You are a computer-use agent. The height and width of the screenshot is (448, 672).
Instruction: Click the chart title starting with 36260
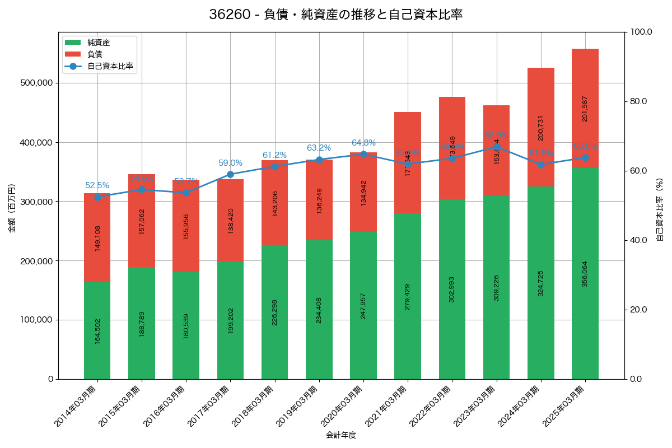click(x=335, y=15)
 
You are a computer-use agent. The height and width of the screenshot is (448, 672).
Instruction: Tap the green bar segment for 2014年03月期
click(x=97, y=330)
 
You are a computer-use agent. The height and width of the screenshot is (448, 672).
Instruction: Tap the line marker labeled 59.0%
click(x=230, y=174)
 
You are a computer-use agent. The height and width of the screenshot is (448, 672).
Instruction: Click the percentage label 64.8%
click(x=363, y=143)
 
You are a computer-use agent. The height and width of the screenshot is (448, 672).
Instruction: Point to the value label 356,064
click(x=585, y=274)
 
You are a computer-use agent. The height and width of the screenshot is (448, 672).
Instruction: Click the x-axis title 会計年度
click(x=341, y=435)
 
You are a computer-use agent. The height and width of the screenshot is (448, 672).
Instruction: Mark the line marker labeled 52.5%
click(x=97, y=197)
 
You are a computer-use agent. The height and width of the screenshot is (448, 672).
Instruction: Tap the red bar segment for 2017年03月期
click(x=230, y=220)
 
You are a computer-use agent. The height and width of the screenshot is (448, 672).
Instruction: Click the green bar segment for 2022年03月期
click(x=452, y=289)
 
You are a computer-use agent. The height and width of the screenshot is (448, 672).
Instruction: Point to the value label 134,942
click(x=363, y=193)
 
